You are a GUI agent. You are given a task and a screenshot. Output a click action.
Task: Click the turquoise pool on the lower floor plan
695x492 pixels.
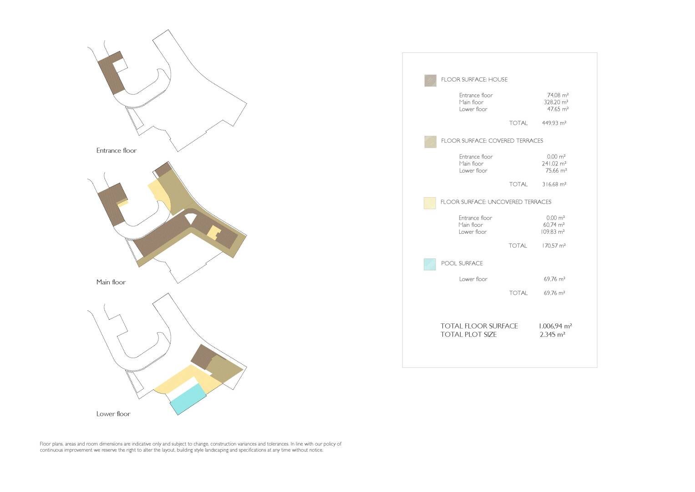point(188,399)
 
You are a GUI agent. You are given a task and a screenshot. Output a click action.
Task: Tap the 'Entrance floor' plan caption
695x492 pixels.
point(117,151)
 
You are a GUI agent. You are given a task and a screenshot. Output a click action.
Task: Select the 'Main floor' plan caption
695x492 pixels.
point(111,282)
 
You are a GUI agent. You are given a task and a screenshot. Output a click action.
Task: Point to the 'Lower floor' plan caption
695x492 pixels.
point(113,414)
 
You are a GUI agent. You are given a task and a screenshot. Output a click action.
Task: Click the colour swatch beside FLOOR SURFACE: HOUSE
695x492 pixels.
point(431,81)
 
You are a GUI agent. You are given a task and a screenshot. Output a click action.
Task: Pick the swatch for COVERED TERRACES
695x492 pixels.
point(431,142)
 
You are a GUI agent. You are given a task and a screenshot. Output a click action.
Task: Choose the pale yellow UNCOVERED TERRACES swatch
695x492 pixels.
point(430,203)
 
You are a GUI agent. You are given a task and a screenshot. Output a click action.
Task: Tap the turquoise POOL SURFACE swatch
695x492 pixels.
point(430,264)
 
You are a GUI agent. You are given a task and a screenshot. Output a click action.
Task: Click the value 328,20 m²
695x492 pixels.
point(556,102)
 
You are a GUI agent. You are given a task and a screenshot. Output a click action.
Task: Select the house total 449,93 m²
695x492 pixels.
point(554,123)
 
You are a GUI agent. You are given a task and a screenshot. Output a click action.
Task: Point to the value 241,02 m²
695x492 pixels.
point(554,164)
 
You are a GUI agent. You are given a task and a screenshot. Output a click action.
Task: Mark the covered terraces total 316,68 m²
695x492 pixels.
point(554,184)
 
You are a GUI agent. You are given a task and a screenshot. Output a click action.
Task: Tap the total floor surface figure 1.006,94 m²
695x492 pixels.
point(555,326)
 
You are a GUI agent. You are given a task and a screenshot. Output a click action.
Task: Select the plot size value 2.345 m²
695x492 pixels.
point(552,334)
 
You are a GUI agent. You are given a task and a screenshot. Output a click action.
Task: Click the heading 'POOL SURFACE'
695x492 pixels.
point(462,263)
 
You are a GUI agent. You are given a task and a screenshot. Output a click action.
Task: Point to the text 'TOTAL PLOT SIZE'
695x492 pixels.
point(468,334)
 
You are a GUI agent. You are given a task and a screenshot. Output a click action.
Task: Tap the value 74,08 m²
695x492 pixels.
point(558,95)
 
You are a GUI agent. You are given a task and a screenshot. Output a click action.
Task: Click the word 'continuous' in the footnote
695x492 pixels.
point(51,450)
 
